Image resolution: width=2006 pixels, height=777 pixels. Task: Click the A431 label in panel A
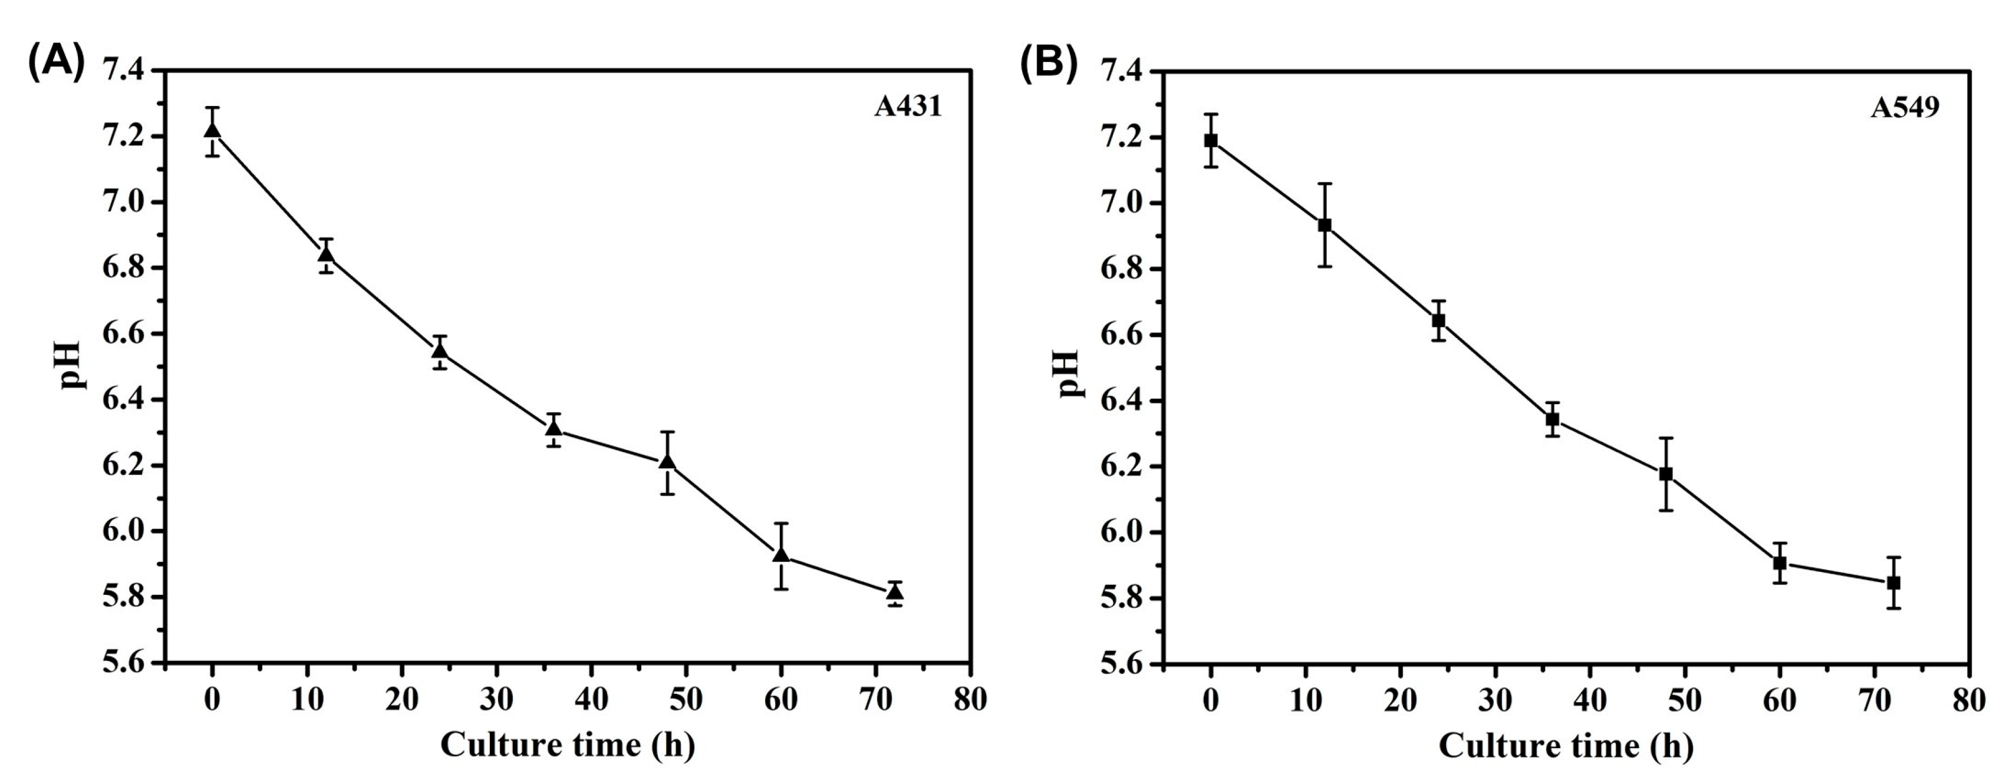(x=908, y=107)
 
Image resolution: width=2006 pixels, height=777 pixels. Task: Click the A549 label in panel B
(x=1905, y=107)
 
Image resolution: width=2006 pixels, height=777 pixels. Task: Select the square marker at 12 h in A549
(x=1325, y=226)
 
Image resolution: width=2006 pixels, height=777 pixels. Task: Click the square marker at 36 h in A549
(x=1552, y=419)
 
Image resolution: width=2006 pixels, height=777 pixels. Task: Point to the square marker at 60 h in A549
(x=1780, y=563)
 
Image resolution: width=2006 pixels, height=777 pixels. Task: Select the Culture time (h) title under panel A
(x=568, y=745)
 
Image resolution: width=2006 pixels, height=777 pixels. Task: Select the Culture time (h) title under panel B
(x=1565, y=746)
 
